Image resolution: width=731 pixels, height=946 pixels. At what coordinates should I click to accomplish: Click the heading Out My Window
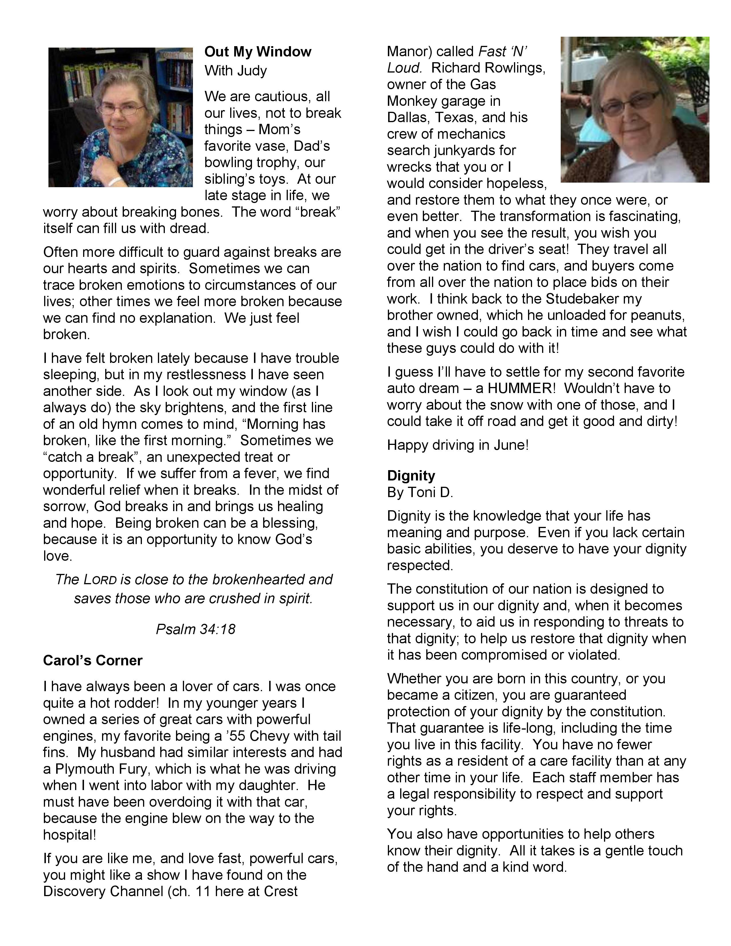258,52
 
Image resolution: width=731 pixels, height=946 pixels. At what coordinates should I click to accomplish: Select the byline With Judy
236,71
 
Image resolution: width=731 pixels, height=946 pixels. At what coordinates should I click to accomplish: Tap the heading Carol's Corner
93,660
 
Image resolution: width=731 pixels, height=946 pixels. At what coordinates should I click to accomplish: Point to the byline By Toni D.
420,492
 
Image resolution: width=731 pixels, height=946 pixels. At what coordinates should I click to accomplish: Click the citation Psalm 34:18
195,629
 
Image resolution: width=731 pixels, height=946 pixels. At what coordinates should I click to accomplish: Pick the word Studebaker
594,299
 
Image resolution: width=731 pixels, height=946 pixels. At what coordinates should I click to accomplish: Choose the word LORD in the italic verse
100,580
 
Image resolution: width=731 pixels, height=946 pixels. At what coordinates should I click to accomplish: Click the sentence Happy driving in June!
458,445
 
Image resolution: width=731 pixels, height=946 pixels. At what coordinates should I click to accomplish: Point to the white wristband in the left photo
114,181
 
